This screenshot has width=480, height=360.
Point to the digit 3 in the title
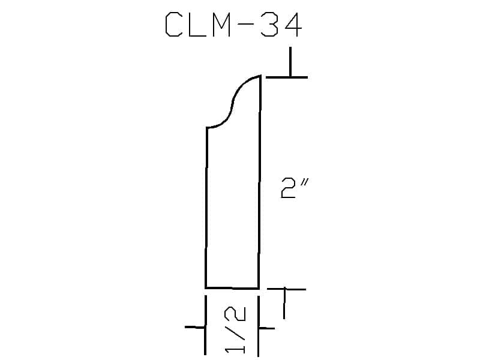click(x=269, y=25)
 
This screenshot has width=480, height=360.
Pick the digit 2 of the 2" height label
click(x=288, y=188)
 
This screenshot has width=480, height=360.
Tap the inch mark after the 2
click(x=304, y=183)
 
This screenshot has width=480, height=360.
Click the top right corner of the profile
click(x=260, y=76)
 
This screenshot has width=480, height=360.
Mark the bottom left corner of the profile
click(x=206, y=288)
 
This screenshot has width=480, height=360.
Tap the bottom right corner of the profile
click(x=259, y=289)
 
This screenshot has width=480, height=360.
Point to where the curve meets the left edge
click(x=207, y=127)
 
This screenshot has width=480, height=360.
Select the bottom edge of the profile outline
click(x=232, y=288)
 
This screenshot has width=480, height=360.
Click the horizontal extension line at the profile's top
click(x=287, y=77)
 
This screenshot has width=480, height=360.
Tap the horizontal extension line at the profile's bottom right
click(x=287, y=289)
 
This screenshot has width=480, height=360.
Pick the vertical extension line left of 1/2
click(x=205, y=325)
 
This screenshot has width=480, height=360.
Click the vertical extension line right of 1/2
click(x=259, y=326)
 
